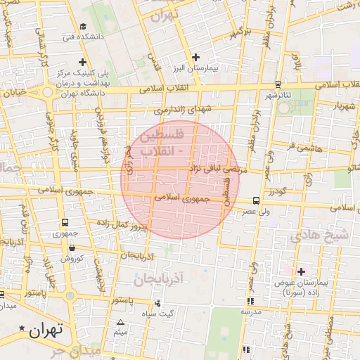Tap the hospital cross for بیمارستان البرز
pyautogui.click(x=195, y=57)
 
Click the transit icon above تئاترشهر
pyautogui.click(x=278, y=84)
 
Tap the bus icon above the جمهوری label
pyautogui.click(x=65, y=221)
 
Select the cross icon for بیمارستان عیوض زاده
pyautogui.click(x=302, y=271)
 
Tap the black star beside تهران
pyautogui.click(x=22, y=328)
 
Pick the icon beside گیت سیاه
pyautogui.click(x=156, y=304)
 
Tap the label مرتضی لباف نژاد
pyautogui.click(x=217, y=169)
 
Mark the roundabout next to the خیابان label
pyautogui.click(x=47, y=91)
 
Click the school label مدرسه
pyautogui.click(x=250, y=310)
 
